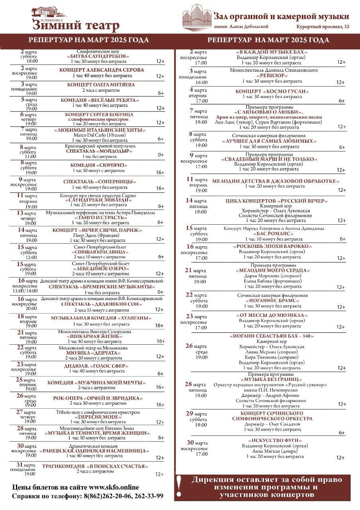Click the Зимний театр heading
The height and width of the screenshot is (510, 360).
click(x=76, y=25)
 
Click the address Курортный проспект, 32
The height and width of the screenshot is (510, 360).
click(x=323, y=27)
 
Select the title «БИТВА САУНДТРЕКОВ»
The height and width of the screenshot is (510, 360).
click(x=98, y=57)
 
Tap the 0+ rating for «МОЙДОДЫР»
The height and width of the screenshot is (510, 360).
click(x=161, y=155)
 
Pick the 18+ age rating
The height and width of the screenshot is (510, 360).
click(x=159, y=326)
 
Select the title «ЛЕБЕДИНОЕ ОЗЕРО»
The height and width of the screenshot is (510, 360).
click(x=100, y=269)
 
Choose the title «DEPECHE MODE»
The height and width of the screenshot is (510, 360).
click(x=98, y=416)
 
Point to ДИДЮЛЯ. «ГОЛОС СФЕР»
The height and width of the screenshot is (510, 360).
click(x=98, y=366)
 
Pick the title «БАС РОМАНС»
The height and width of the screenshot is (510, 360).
click(x=274, y=233)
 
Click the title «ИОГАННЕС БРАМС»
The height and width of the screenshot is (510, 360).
click(x=273, y=300)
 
